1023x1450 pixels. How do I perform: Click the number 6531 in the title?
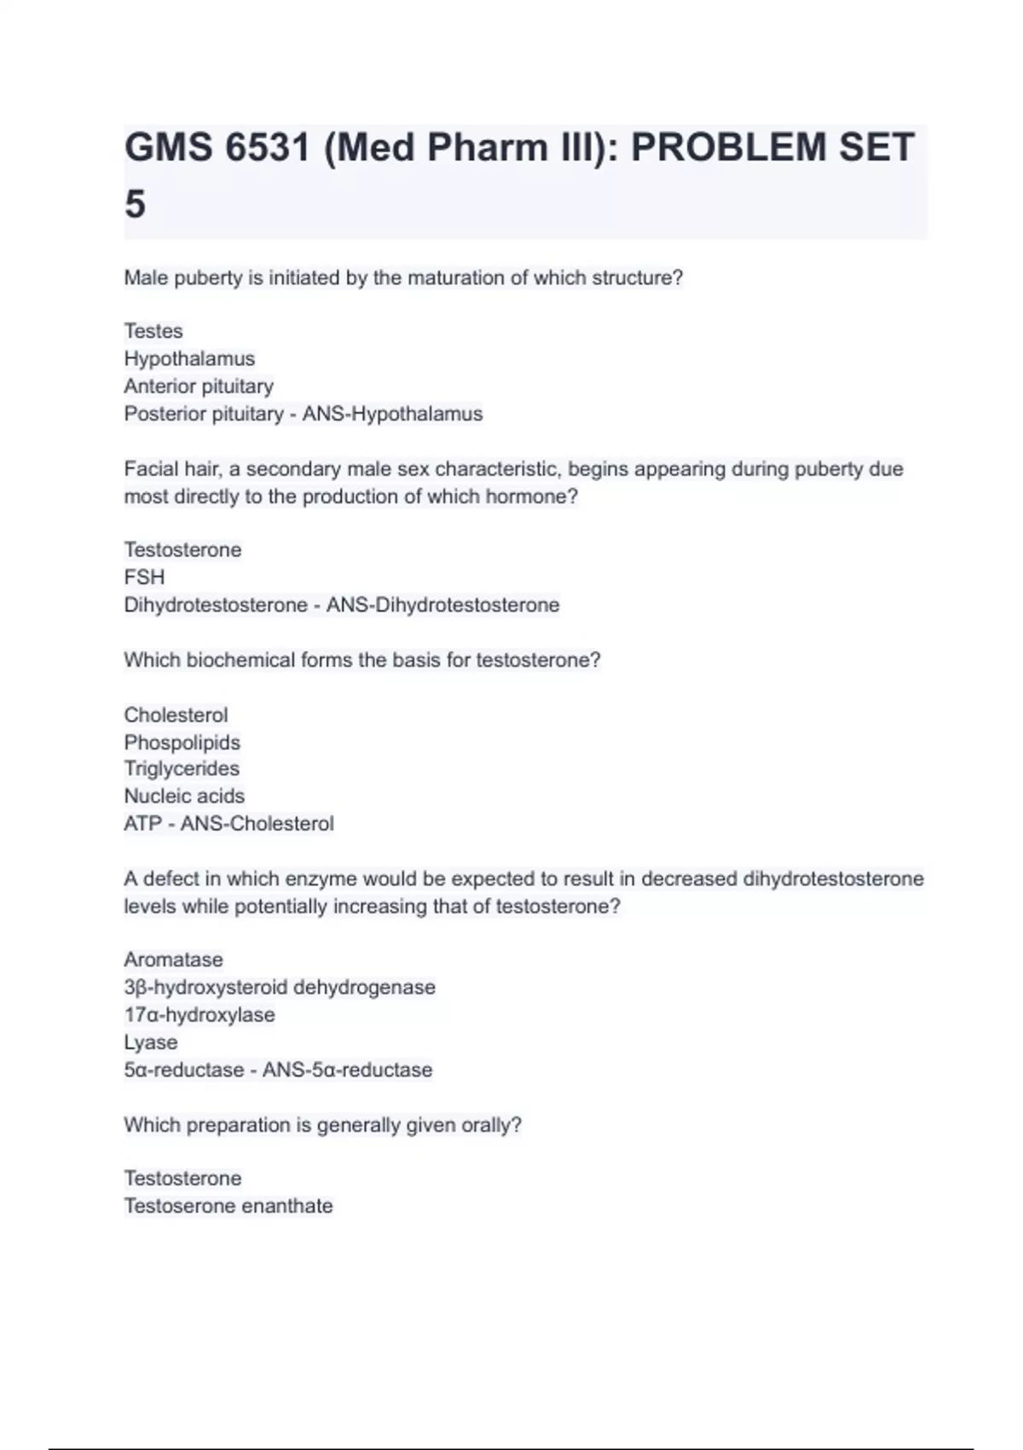click(269, 148)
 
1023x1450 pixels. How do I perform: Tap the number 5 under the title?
click(136, 205)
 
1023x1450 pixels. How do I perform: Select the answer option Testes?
click(153, 331)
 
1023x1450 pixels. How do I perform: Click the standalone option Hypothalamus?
click(189, 358)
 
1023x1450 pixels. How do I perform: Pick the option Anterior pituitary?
click(199, 386)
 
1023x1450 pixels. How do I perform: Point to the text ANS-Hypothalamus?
click(392, 414)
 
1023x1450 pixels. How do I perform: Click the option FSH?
click(144, 577)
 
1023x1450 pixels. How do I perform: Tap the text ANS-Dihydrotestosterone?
click(442, 605)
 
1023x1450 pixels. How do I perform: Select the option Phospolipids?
click(182, 742)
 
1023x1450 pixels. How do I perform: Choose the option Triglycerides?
click(182, 768)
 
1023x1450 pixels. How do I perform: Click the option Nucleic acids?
click(184, 796)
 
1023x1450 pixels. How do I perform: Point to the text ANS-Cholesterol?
click(257, 824)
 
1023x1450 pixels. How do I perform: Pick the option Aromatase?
click(174, 960)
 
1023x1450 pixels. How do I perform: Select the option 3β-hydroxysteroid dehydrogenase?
click(280, 987)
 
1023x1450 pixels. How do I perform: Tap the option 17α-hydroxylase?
click(199, 1015)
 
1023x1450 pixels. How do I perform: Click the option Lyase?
click(151, 1042)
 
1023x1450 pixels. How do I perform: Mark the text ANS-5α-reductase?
click(347, 1070)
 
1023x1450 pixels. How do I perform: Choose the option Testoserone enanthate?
click(228, 1206)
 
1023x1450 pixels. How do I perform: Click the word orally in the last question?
click(488, 1125)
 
